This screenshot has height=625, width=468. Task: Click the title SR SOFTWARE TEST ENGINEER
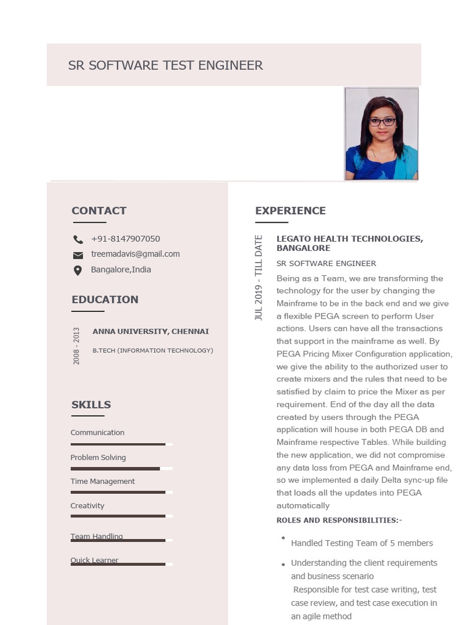pyautogui.click(x=165, y=65)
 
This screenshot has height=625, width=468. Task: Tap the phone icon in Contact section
pyautogui.click(x=78, y=239)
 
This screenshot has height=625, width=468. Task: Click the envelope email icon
pyautogui.click(x=78, y=255)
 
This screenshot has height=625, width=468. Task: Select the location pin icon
pyautogui.click(x=78, y=270)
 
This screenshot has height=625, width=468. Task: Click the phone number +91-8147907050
pyautogui.click(x=126, y=239)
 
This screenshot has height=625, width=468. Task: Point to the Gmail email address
pyautogui.click(x=135, y=254)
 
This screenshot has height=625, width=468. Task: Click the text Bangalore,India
pyautogui.click(x=121, y=270)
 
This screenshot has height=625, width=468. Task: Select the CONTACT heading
pyautogui.click(x=99, y=211)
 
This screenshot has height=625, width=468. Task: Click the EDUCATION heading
pyautogui.click(x=105, y=299)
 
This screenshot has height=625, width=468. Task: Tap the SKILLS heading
pyautogui.click(x=91, y=405)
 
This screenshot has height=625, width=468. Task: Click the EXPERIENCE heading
pyautogui.click(x=290, y=211)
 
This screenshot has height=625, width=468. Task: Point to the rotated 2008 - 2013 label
pyautogui.click(x=76, y=346)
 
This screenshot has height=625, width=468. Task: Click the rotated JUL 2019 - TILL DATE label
pyautogui.click(x=259, y=278)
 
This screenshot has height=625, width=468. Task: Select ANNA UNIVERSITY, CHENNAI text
pyautogui.click(x=151, y=331)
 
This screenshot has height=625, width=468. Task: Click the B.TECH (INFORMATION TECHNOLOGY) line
pyautogui.click(x=152, y=350)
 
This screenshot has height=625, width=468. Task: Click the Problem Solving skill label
pyautogui.click(x=97, y=457)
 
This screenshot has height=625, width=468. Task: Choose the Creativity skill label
pyautogui.click(x=87, y=505)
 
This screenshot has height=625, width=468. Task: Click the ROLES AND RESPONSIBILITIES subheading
pyautogui.click(x=339, y=520)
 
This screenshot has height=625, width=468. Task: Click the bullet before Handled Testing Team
pyautogui.click(x=283, y=538)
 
